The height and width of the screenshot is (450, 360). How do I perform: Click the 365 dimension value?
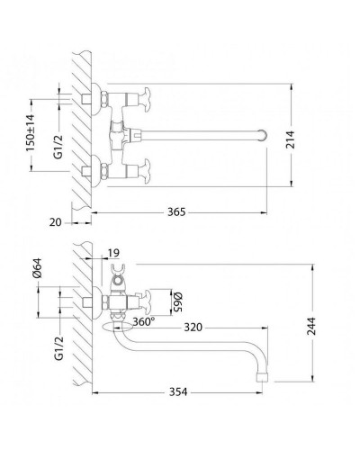pyautogui.click(x=176, y=212)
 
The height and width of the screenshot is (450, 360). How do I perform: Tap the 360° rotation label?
pyautogui.click(x=142, y=320)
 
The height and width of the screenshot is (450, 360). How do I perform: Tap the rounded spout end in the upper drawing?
pyautogui.click(x=262, y=136)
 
